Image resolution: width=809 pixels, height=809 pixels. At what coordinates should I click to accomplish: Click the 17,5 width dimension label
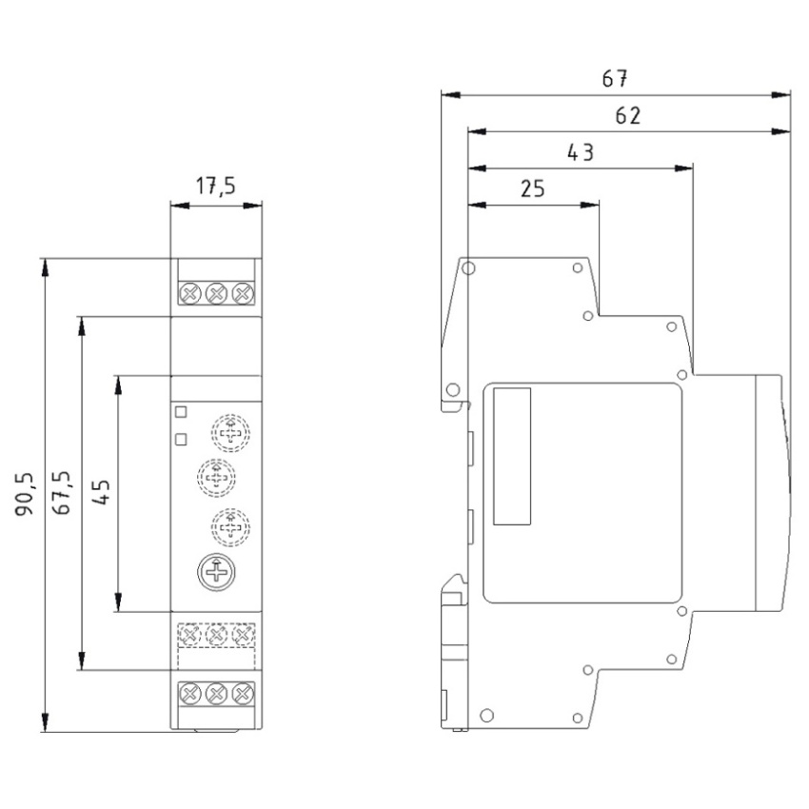tap(216, 186)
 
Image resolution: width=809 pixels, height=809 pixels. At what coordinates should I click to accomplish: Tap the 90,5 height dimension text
tap(25, 494)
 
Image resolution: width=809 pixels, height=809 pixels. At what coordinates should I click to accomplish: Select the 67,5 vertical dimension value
tap(62, 493)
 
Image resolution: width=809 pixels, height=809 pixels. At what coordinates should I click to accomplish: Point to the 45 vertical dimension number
tap(101, 492)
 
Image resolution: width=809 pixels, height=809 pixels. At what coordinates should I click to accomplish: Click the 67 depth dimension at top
tap(615, 78)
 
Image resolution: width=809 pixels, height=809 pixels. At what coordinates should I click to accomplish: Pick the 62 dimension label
tap(628, 115)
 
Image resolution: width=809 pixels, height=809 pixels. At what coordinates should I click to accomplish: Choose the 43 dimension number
tap(581, 152)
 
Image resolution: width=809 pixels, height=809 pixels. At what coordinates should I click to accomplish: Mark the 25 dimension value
tap(532, 188)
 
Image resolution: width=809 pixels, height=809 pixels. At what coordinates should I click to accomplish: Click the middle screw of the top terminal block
tap(216, 294)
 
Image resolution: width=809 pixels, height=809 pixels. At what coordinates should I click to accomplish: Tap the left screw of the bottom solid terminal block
tap(189, 694)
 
